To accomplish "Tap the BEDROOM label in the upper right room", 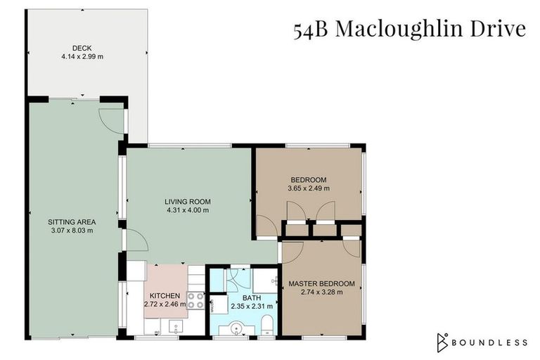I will coord(308,179).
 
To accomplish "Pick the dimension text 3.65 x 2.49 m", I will coord(308,188).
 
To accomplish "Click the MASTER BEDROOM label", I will coord(322,283).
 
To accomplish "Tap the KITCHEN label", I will coord(165,295).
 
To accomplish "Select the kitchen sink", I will coord(176,325).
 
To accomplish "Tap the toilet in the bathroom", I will coord(267,325).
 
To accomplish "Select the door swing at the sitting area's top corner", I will coord(112,120).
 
